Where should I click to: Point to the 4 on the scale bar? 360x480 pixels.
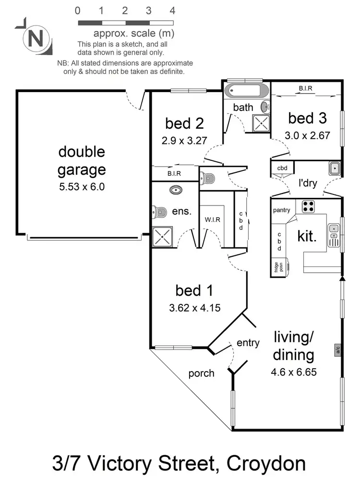click(172, 11)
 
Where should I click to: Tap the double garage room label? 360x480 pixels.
click(82, 161)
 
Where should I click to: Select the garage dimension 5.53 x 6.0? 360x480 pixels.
click(82, 186)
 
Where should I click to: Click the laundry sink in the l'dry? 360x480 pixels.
click(335, 168)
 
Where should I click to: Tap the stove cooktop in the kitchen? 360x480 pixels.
click(308, 206)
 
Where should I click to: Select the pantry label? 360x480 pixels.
click(282, 210)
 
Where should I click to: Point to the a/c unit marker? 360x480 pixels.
click(338, 350)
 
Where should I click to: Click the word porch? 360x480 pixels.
click(201, 373)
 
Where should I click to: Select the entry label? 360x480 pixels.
click(248, 343)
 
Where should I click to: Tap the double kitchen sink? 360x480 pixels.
click(334, 233)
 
